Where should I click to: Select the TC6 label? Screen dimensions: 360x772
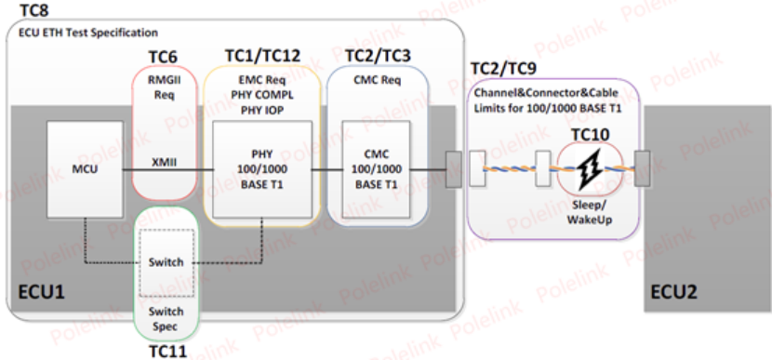(166, 58)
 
